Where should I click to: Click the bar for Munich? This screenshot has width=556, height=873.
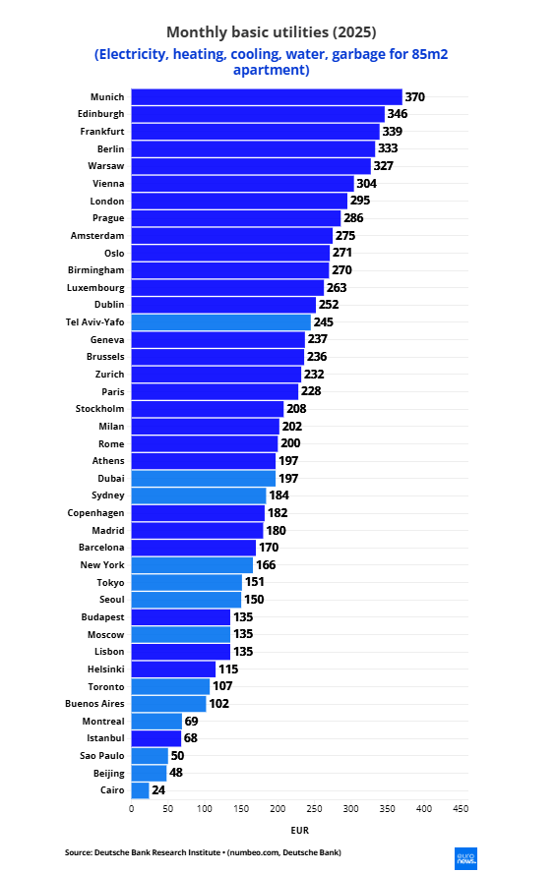[x=267, y=97]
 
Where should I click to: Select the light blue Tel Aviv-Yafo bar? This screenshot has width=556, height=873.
[x=220, y=321]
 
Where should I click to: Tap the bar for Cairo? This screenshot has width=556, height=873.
[x=140, y=790]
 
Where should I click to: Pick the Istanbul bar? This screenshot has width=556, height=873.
[x=156, y=738]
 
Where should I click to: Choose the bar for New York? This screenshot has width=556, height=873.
[x=192, y=564]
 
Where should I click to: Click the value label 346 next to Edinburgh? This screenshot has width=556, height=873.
[x=398, y=114]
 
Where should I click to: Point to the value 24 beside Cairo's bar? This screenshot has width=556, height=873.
[x=158, y=790]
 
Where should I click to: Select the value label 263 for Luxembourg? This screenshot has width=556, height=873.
[x=337, y=288]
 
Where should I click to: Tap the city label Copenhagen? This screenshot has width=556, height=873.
[x=95, y=513]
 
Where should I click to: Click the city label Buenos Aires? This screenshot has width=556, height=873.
[x=94, y=703]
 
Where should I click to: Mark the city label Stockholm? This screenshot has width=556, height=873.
[x=99, y=409]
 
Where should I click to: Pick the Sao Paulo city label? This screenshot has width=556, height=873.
[x=102, y=756]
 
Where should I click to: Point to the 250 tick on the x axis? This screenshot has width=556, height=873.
[x=314, y=808]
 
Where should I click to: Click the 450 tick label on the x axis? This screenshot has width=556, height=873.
[x=461, y=808]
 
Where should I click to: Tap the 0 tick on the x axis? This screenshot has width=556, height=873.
[x=132, y=808]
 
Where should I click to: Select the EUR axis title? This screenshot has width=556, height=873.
[x=300, y=830]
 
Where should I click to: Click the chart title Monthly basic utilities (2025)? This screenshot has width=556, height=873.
[x=272, y=32]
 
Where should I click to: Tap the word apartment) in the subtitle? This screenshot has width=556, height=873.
[x=272, y=70]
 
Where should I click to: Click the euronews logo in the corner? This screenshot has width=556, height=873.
[x=465, y=858]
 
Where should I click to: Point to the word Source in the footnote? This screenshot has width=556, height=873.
[x=78, y=852]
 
